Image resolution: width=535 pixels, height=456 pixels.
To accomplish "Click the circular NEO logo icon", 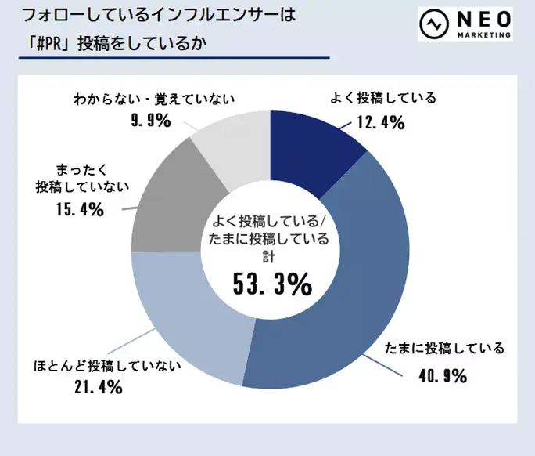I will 433,24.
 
